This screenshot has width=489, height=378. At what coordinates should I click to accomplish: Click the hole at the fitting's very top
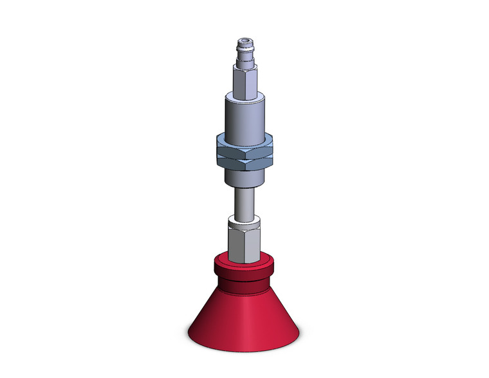point(245,41)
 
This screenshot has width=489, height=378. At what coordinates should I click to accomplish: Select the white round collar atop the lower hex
point(245,222)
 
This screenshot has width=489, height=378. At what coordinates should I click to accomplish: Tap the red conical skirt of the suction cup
point(245,309)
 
